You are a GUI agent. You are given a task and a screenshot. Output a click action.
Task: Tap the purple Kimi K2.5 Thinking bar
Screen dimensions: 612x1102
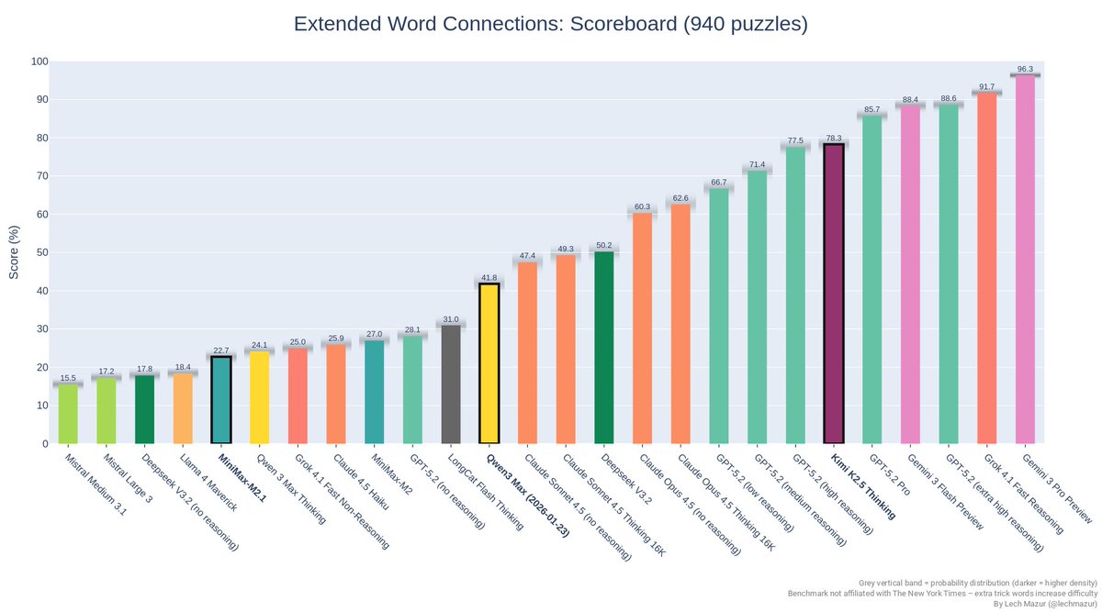click(833, 294)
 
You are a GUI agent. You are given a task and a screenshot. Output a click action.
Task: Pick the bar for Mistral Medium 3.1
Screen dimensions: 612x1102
click(68, 414)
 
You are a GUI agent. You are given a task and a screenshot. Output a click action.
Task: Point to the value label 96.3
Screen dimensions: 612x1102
click(1025, 69)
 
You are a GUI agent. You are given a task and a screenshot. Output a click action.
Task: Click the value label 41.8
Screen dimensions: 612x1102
click(489, 277)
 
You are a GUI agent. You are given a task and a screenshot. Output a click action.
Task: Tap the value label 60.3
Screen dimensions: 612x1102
click(642, 206)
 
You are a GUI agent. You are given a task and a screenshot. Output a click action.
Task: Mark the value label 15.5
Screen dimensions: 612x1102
click(68, 378)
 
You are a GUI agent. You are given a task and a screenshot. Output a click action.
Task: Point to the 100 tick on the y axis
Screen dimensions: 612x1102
click(39, 61)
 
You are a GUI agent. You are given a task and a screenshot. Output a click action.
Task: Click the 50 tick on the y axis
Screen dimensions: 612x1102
click(41, 252)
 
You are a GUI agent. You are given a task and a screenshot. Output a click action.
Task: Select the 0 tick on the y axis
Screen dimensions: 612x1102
click(44, 443)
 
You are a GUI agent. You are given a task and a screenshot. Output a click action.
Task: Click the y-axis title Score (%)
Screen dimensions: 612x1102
click(14, 252)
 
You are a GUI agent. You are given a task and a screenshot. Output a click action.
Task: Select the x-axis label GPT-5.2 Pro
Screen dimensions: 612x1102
click(888, 475)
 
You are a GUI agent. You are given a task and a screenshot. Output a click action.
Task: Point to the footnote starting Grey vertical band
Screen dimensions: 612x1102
click(978, 583)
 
